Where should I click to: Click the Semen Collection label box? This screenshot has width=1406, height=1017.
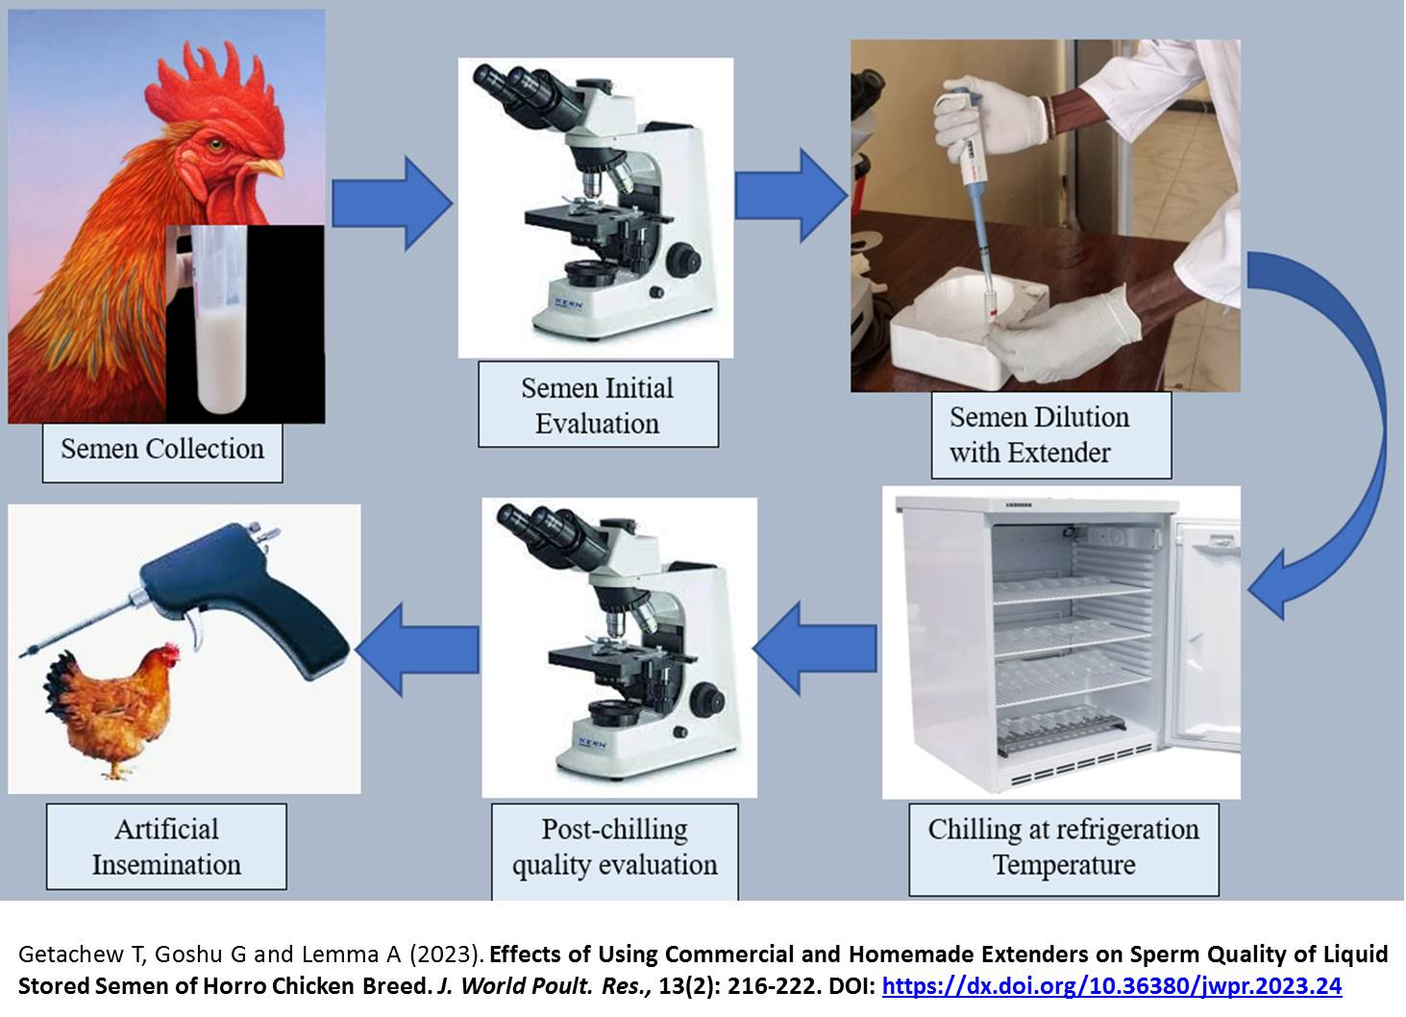tap(162, 449)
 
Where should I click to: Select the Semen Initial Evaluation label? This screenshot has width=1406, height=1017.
tap(598, 405)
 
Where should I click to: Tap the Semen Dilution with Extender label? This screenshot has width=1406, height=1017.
tap(1050, 434)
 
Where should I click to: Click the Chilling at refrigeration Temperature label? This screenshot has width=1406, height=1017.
tap(1064, 847)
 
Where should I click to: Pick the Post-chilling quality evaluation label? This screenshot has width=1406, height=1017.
tap(615, 847)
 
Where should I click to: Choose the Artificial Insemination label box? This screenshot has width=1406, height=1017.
tap(166, 847)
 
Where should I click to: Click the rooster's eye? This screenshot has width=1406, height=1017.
tap(215, 146)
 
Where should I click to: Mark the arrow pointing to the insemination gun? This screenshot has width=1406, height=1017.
tap(419, 647)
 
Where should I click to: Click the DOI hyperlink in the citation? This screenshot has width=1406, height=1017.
tap(1111, 985)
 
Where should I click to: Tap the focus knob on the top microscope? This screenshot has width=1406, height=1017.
tap(683, 260)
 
